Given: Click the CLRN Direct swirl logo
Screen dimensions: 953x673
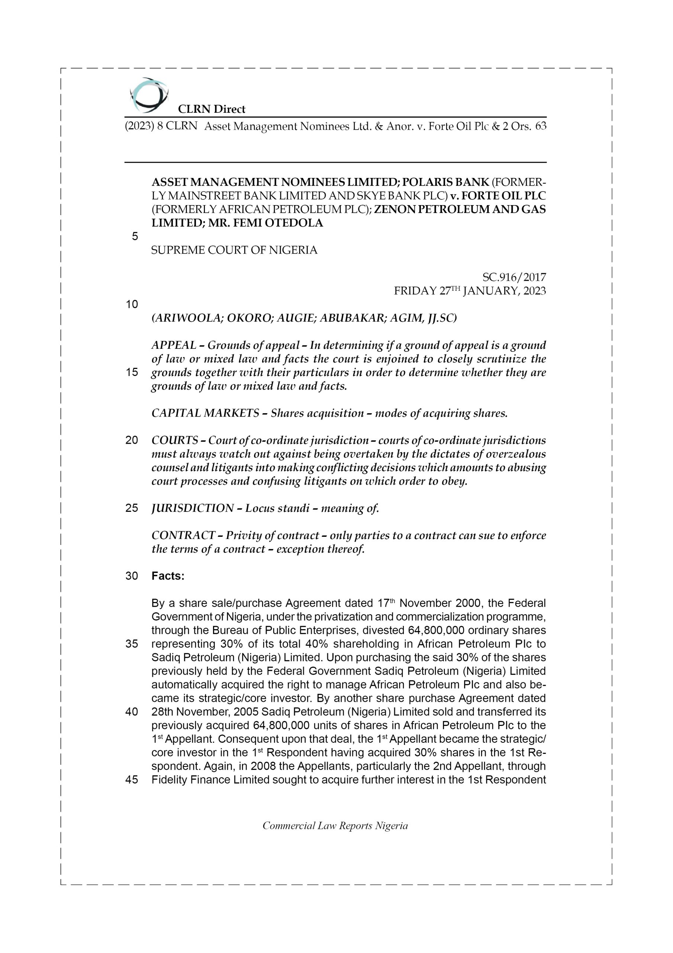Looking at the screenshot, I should click(x=149, y=95).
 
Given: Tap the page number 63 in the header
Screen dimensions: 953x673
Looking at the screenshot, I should click(x=541, y=126).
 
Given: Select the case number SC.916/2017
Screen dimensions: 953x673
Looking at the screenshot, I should click(x=514, y=277).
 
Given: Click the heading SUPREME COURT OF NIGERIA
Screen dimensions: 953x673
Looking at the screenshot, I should click(x=234, y=250).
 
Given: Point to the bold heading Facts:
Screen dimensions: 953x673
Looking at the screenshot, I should click(x=168, y=576).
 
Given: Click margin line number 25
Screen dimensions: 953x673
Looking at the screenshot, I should click(x=132, y=508).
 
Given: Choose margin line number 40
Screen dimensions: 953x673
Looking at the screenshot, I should click(x=132, y=712).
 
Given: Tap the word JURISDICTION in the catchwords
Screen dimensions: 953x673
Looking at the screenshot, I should click(x=192, y=508).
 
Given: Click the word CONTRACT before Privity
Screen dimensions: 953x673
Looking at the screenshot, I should click(x=183, y=535).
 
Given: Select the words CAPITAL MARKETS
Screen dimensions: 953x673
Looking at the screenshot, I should click(x=205, y=414).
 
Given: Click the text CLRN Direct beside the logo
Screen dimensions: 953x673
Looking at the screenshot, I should click(x=212, y=109).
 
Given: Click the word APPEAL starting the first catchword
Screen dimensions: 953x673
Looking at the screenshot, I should click(x=174, y=345).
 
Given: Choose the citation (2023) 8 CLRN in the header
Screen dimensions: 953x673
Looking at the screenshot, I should click(x=161, y=126).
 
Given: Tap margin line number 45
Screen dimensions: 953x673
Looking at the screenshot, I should click(x=132, y=780).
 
